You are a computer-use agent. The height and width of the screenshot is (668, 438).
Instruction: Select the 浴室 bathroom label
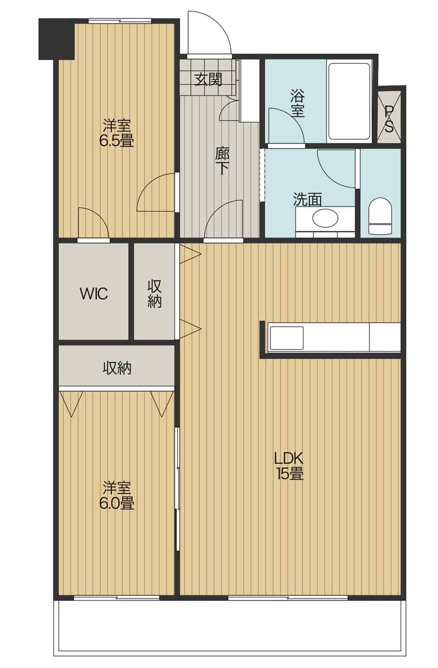(298, 104)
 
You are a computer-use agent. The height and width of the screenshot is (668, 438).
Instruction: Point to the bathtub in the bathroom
(349, 101)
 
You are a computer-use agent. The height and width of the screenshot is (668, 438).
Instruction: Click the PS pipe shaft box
(389, 116)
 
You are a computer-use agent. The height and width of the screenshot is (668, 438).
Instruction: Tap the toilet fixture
(380, 216)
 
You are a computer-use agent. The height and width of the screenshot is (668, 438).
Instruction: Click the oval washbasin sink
(325, 218)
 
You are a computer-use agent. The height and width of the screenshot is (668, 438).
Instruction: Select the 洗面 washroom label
(308, 199)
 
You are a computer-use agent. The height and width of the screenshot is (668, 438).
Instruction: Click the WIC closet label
(94, 294)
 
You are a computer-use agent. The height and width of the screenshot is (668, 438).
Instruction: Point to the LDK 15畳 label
(289, 466)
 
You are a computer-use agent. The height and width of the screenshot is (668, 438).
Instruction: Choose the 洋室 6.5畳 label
(117, 133)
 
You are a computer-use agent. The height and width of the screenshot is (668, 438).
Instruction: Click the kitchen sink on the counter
(286, 338)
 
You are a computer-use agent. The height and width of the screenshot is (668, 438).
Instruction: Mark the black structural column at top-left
(56, 39)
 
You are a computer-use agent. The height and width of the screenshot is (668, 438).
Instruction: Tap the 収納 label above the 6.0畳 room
(117, 368)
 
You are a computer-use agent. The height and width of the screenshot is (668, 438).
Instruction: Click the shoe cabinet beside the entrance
(249, 91)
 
